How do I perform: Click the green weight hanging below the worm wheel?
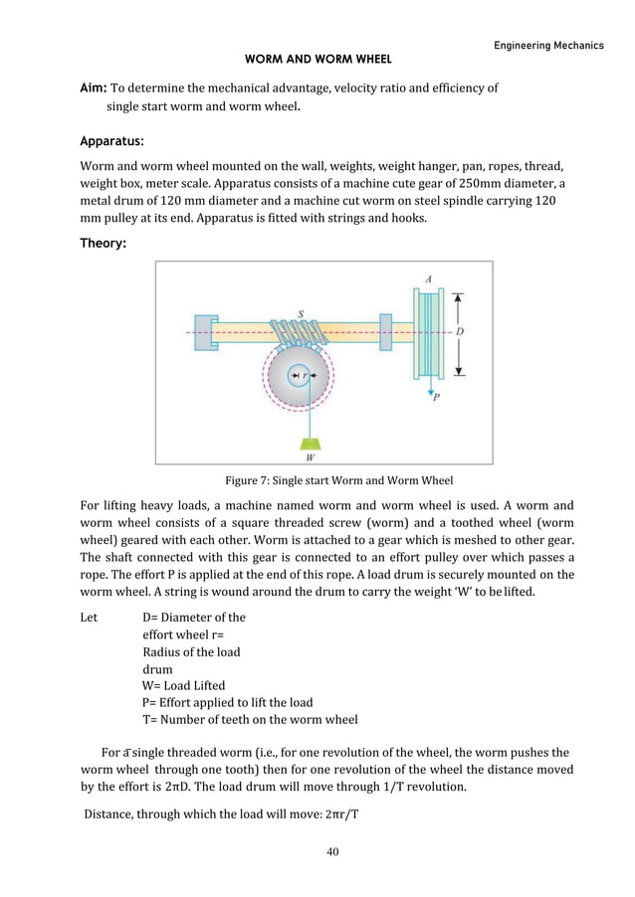point(311,443)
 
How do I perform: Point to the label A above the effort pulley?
point(428,280)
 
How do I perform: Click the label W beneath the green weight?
point(311,458)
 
